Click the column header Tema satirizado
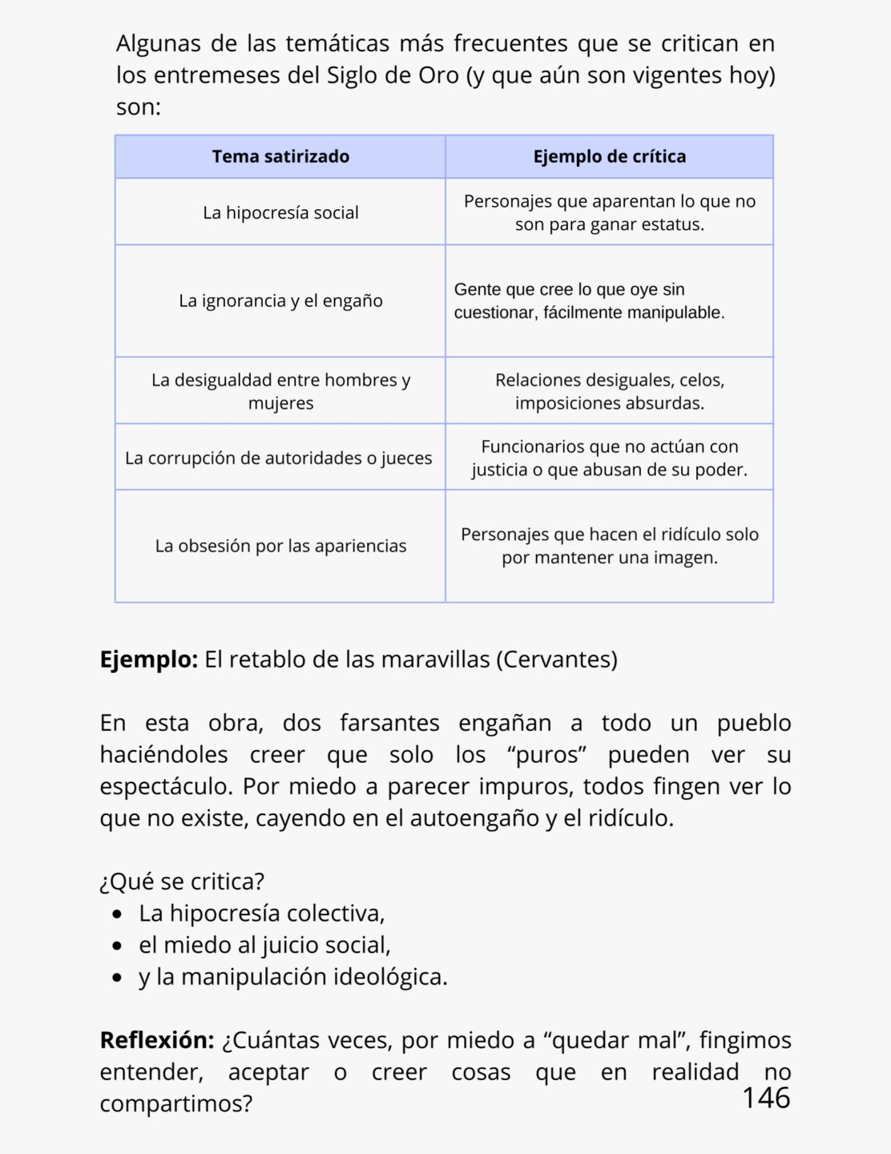click(x=280, y=156)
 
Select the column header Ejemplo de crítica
click(x=609, y=156)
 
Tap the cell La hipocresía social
click(x=280, y=212)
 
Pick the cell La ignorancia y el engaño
click(x=280, y=301)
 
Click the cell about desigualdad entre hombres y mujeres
click(x=280, y=391)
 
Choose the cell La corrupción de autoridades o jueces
click(x=279, y=458)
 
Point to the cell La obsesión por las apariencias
click(x=280, y=546)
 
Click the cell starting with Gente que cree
click(x=589, y=301)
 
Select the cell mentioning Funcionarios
click(x=609, y=458)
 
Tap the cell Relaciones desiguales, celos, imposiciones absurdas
click(x=609, y=391)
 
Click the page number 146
click(x=765, y=1098)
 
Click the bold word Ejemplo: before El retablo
click(x=148, y=660)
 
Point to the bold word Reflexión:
click(x=156, y=1040)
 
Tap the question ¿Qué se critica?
click(x=182, y=882)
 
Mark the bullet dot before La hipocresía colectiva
click(x=119, y=914)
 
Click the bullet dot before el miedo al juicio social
click(x=119, y=946)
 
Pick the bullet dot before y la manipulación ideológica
click(x=119, y=978)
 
